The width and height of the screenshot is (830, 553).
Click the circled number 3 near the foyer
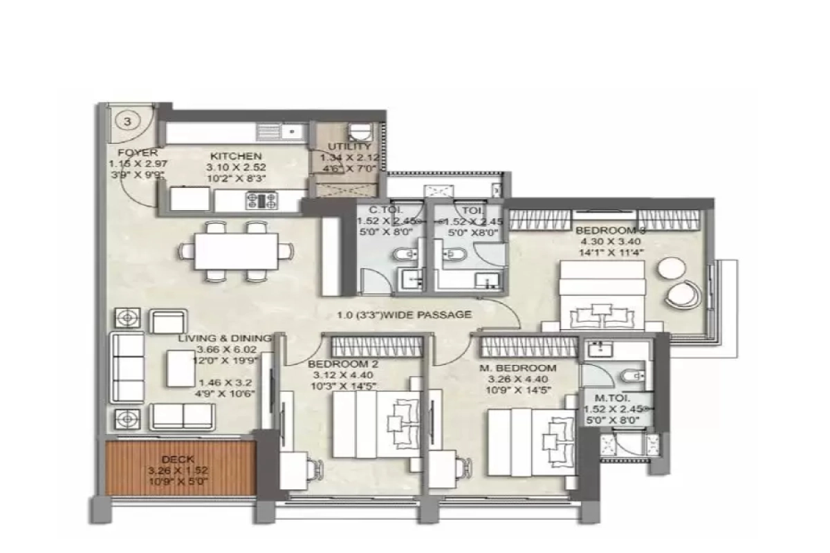(x=127, y=121)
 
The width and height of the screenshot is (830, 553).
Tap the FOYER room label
(x=138, y=153)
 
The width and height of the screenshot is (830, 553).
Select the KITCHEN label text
(x=236, y=157)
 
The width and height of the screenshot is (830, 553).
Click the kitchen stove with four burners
(x=261, y=200)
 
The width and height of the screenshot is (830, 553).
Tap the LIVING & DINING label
(x=224, y=338)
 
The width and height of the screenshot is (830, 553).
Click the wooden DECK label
(x=178, y=459)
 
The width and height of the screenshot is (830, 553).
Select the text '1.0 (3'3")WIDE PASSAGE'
(x=405, y=315)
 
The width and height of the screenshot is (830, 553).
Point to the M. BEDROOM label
(x=518, y=368)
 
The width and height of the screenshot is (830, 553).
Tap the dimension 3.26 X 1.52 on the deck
(x=177, y=470)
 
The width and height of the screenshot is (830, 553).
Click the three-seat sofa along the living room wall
(x=127, y=366)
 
